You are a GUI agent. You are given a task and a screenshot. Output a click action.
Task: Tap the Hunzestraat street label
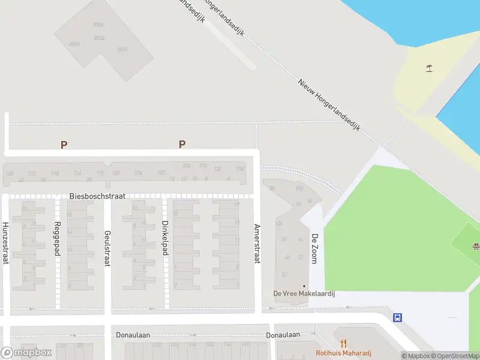coord(5,243)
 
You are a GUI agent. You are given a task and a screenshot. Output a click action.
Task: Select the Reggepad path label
coord(58,239)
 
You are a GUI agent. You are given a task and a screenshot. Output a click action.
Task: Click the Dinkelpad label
coord(164,238)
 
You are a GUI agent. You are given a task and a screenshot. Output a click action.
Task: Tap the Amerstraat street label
coord(257,244)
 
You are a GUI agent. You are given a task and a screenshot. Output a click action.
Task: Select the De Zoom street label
coord(313,248)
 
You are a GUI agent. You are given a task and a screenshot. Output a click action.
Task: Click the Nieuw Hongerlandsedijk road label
coord(329,105)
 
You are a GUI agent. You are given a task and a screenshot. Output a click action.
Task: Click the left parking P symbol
coord(64,145)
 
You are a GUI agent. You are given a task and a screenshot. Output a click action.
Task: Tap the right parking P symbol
coord(182,144)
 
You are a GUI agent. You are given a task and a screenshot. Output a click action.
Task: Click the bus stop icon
coord(397,317)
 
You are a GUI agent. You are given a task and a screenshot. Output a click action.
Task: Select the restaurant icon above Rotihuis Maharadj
coord(344,344)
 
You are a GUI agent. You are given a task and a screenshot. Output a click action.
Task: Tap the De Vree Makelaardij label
coord(304,293)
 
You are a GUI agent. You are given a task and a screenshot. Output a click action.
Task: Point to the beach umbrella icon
coord(429,68)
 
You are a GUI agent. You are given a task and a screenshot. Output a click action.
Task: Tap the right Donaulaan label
coord(283,335)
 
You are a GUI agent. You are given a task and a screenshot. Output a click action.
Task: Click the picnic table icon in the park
coord(476,245)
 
